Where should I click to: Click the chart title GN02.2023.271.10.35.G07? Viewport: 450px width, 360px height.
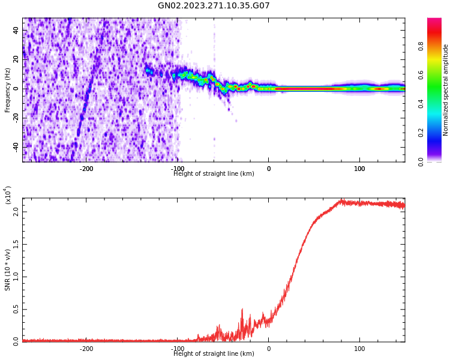pos(214,6)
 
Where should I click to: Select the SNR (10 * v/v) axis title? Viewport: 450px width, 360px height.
pos(8,269)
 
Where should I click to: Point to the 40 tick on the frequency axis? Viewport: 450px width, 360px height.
pos(16,31)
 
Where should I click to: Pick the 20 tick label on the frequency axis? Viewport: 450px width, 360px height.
pos(16,59)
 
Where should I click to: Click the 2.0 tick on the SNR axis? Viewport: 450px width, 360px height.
pos(15,212)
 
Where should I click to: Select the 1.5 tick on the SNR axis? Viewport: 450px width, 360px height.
pos(15,244)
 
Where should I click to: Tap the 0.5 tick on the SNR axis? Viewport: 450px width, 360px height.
pos(15,309)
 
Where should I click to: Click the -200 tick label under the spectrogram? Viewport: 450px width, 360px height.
pos(86,168)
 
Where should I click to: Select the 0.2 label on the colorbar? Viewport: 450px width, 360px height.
pos(437,133)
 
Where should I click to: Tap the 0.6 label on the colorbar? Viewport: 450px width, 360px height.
pos(437,75)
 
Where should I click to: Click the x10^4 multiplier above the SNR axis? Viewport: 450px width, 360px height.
pos(8,195)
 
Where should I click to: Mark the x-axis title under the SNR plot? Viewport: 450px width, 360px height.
pos(214,354)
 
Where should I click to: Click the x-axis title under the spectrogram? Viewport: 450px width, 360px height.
pos(214,174)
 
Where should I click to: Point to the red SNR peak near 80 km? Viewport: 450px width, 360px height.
pos(341,201)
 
